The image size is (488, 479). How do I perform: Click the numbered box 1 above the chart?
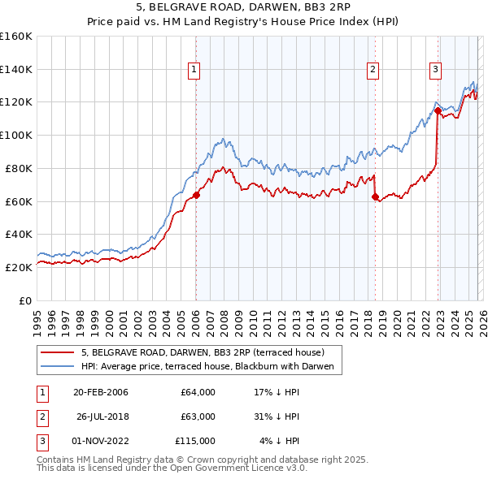[195, 71]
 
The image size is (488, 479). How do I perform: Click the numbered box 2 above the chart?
[373, 71]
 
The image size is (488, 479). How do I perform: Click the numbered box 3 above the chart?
[435, 71]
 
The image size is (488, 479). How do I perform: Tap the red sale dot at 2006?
[196, 195]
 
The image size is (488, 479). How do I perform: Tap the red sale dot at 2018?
[375, 196]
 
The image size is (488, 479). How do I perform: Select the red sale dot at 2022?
[438, 110]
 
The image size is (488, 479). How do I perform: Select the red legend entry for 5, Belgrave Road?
[203, 352]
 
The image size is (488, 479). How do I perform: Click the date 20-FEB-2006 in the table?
[100, 392]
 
